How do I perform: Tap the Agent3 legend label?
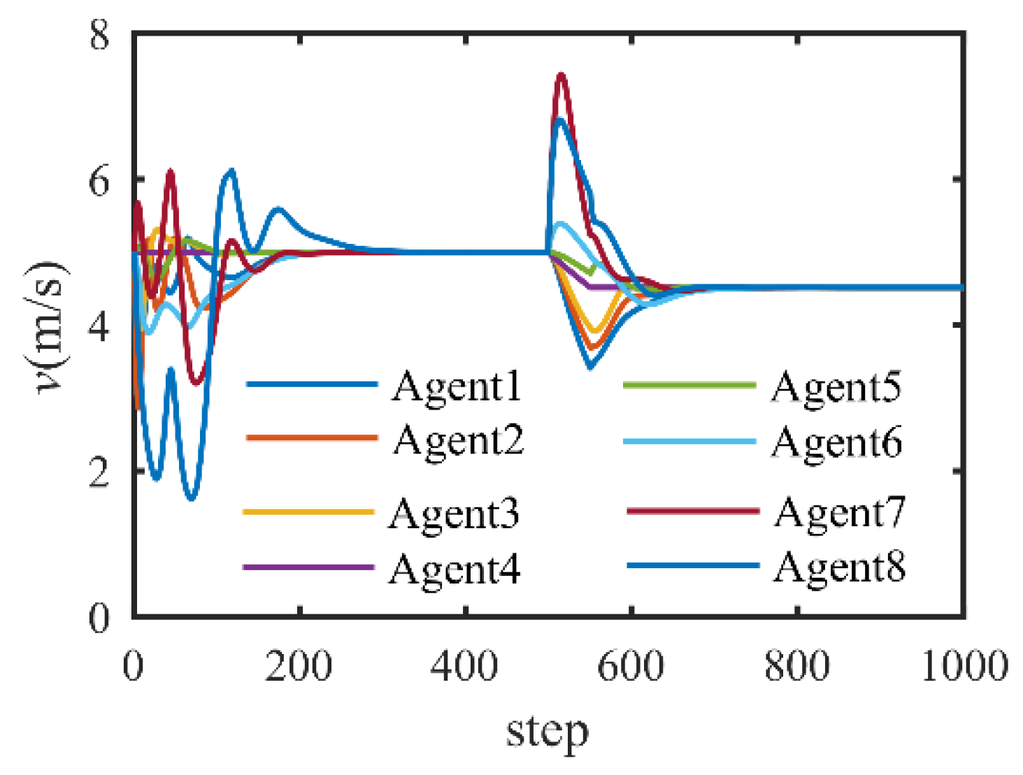(454, 515)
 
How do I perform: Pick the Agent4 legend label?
(455, 570)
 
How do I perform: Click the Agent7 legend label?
(839, 513)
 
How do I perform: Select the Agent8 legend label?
(839, 567)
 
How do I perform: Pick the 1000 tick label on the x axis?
(964, 666)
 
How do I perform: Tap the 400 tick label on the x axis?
(464, 666)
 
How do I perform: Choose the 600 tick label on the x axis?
(630, 666)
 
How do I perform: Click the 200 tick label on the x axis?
(299, 666)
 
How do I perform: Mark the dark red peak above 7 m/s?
(560, 75)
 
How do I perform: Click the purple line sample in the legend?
(308, 567)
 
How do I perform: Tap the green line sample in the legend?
(689, 385)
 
